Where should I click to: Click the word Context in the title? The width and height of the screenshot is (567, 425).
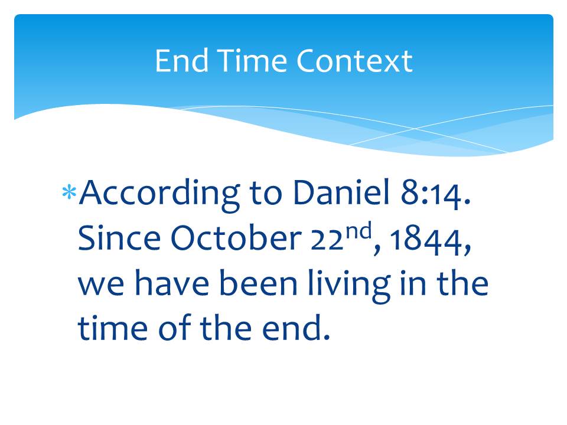[x=354, y=61]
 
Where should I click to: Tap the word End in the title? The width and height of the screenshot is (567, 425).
[x=181, y=60]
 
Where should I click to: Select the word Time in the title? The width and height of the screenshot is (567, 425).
[x=252, y=60]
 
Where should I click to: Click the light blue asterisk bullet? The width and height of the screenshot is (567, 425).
[x=69, y=192]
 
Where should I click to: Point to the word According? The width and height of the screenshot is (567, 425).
[x=159, y=194]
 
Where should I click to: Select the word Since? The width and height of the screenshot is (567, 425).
[x=119, y=238]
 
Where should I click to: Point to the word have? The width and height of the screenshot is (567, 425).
[x=172, y=283]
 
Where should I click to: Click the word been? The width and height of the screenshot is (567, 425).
[x=258, y=283]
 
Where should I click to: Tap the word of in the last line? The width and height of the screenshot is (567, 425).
[x=174, y=327]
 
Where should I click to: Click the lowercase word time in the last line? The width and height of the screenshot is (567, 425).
[x=113, y=328]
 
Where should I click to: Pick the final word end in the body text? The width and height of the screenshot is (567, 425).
[x=296, y=327]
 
